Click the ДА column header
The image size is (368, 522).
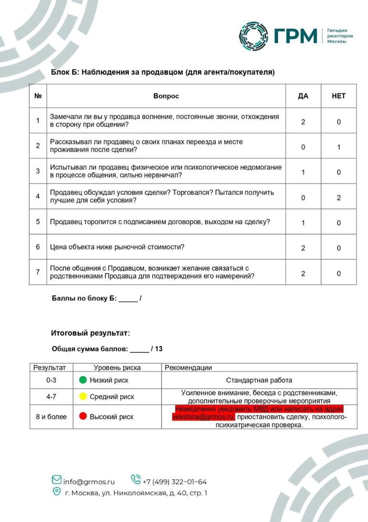click(x=303, y=96)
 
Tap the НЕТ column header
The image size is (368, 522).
click(x=338, y=96)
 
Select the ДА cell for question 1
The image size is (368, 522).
click(x=303, y=122)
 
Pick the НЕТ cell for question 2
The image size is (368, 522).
click(x=338, y=147)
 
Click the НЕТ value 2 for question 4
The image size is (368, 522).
click(x=338, y=197)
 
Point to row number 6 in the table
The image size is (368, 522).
click(x=38, y=247)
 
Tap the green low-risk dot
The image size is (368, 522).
click(x=83, y=380)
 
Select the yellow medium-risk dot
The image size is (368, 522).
click(x=83, y=397)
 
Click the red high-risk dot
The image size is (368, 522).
click(x=83, y=417)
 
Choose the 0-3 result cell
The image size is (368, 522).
click(x=51, y=380)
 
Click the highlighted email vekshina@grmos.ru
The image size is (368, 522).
click(x=203, y=417)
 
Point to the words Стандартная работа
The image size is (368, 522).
click(x=259, y=380)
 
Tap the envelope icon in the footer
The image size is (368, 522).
click(x=57, y=480)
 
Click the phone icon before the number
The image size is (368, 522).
click(x=136, y=480)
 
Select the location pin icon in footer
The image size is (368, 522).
click(x=57, y=492)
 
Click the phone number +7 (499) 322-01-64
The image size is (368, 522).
click(x=175, y=482)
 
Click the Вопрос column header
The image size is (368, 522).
click(x=166, y=96)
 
